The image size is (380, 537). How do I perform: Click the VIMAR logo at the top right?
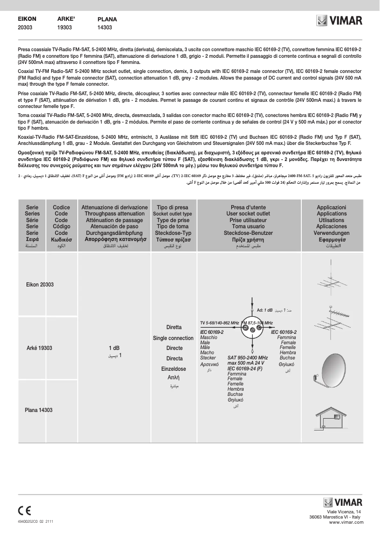(340, 21)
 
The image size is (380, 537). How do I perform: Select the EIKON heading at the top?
(27, 19)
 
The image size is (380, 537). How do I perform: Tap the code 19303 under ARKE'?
(64, 28)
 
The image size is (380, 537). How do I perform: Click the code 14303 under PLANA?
(105, 28)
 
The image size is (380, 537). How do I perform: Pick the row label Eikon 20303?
(39, 285)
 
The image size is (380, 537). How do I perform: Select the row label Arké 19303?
(39, 348)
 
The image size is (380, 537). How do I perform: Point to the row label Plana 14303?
(38, 410)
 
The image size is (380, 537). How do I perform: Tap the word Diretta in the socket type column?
(174, 327)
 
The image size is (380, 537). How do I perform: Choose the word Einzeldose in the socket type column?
(173, 369)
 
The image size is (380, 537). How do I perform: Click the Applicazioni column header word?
(332, 207)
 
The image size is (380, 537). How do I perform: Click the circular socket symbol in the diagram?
(252, 327)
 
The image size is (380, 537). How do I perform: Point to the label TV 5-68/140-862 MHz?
(219, 323)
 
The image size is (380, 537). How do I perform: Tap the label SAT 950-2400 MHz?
(247, 358)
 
